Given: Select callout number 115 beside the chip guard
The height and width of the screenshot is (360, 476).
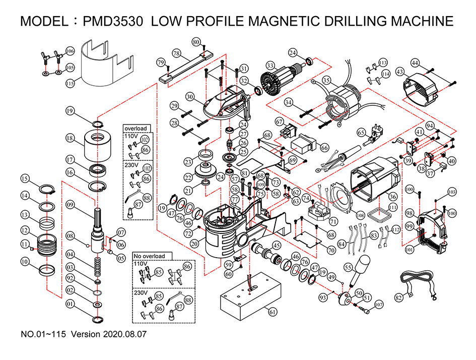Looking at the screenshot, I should (x=70, y=83).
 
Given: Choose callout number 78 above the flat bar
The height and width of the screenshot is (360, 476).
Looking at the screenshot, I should (x=176, y=52).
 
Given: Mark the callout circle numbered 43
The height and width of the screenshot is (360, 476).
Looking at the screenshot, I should (x=401, y=72).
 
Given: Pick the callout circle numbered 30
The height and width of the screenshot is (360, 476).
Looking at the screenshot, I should (x=189, y=96).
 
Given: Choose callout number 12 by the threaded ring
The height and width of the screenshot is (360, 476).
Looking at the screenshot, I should (x=24, y=230).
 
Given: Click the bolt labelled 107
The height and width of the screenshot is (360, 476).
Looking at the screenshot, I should (x=364, y=309).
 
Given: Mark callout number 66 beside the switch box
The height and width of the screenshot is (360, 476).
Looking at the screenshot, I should (x=324, y=148).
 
